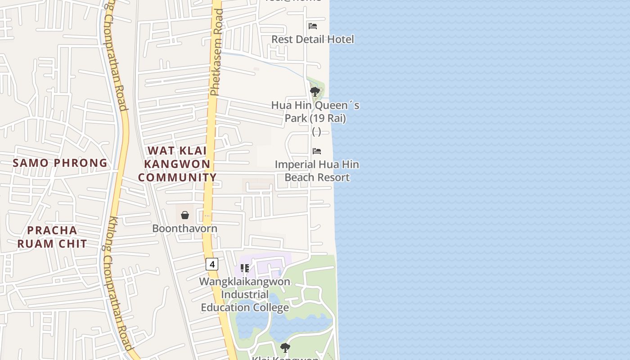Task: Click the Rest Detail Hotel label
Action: pyautogui.click(x=312, y=40)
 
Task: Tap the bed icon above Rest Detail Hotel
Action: pyautogui.click(x=313, y=26)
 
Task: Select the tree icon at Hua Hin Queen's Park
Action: pyautogui.click(x=315, y=92)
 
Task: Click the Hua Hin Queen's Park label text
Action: pyautogui.click(x=315, y=112)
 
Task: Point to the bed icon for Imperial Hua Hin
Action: pyautogui.click(x=317, y=151)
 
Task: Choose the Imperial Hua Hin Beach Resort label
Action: pyautogui.click(x=317, y=171)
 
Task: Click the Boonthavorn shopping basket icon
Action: pyautogui.click(x=185, y=215)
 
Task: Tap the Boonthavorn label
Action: pyautogui.click(x=184, y=229)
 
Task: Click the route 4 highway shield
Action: pyautogui.click(x=212, y=264)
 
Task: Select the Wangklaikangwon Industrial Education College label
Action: pyautogui.click(x=245, y=295)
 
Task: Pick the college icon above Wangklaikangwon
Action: pyautogui.click(x=245, y=269)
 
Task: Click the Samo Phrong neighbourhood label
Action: pyautogui.click(x=60, y=163)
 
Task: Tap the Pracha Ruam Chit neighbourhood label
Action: pyautogui.click(x=52, y=237)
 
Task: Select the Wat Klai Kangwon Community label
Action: pyautogui.click(x=177, y=164)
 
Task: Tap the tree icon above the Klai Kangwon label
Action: pyautogui.click(x=285, y=347)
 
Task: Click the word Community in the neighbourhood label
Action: pyautogui.click(x=177, y=177)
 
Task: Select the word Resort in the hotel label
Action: pyautogui.click(x=334, y=177)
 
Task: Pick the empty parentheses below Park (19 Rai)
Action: pyautogui.click(x=316, y=131)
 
